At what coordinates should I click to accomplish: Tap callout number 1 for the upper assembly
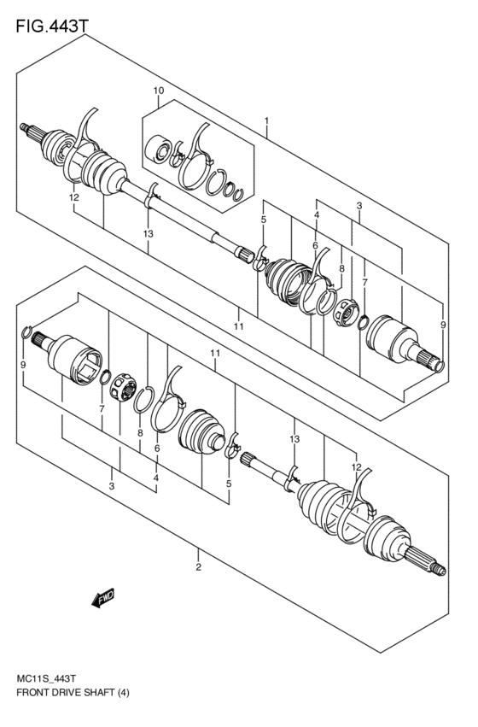(267, 120)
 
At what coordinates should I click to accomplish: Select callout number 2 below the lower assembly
(198, 566)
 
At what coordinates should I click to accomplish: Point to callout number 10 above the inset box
(158, 91)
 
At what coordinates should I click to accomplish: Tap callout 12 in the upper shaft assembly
(74, 197)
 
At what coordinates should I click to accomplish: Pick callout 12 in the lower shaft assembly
(357, 466)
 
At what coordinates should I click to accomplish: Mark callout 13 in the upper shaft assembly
(148, 233)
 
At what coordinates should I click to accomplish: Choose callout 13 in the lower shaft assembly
(294, 439)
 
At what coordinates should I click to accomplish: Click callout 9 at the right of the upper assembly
(442, 325)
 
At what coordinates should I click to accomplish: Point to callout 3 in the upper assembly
(359, 206)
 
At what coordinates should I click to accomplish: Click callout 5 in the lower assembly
(228, 484)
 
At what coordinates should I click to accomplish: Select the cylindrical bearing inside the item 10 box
(160, 151)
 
